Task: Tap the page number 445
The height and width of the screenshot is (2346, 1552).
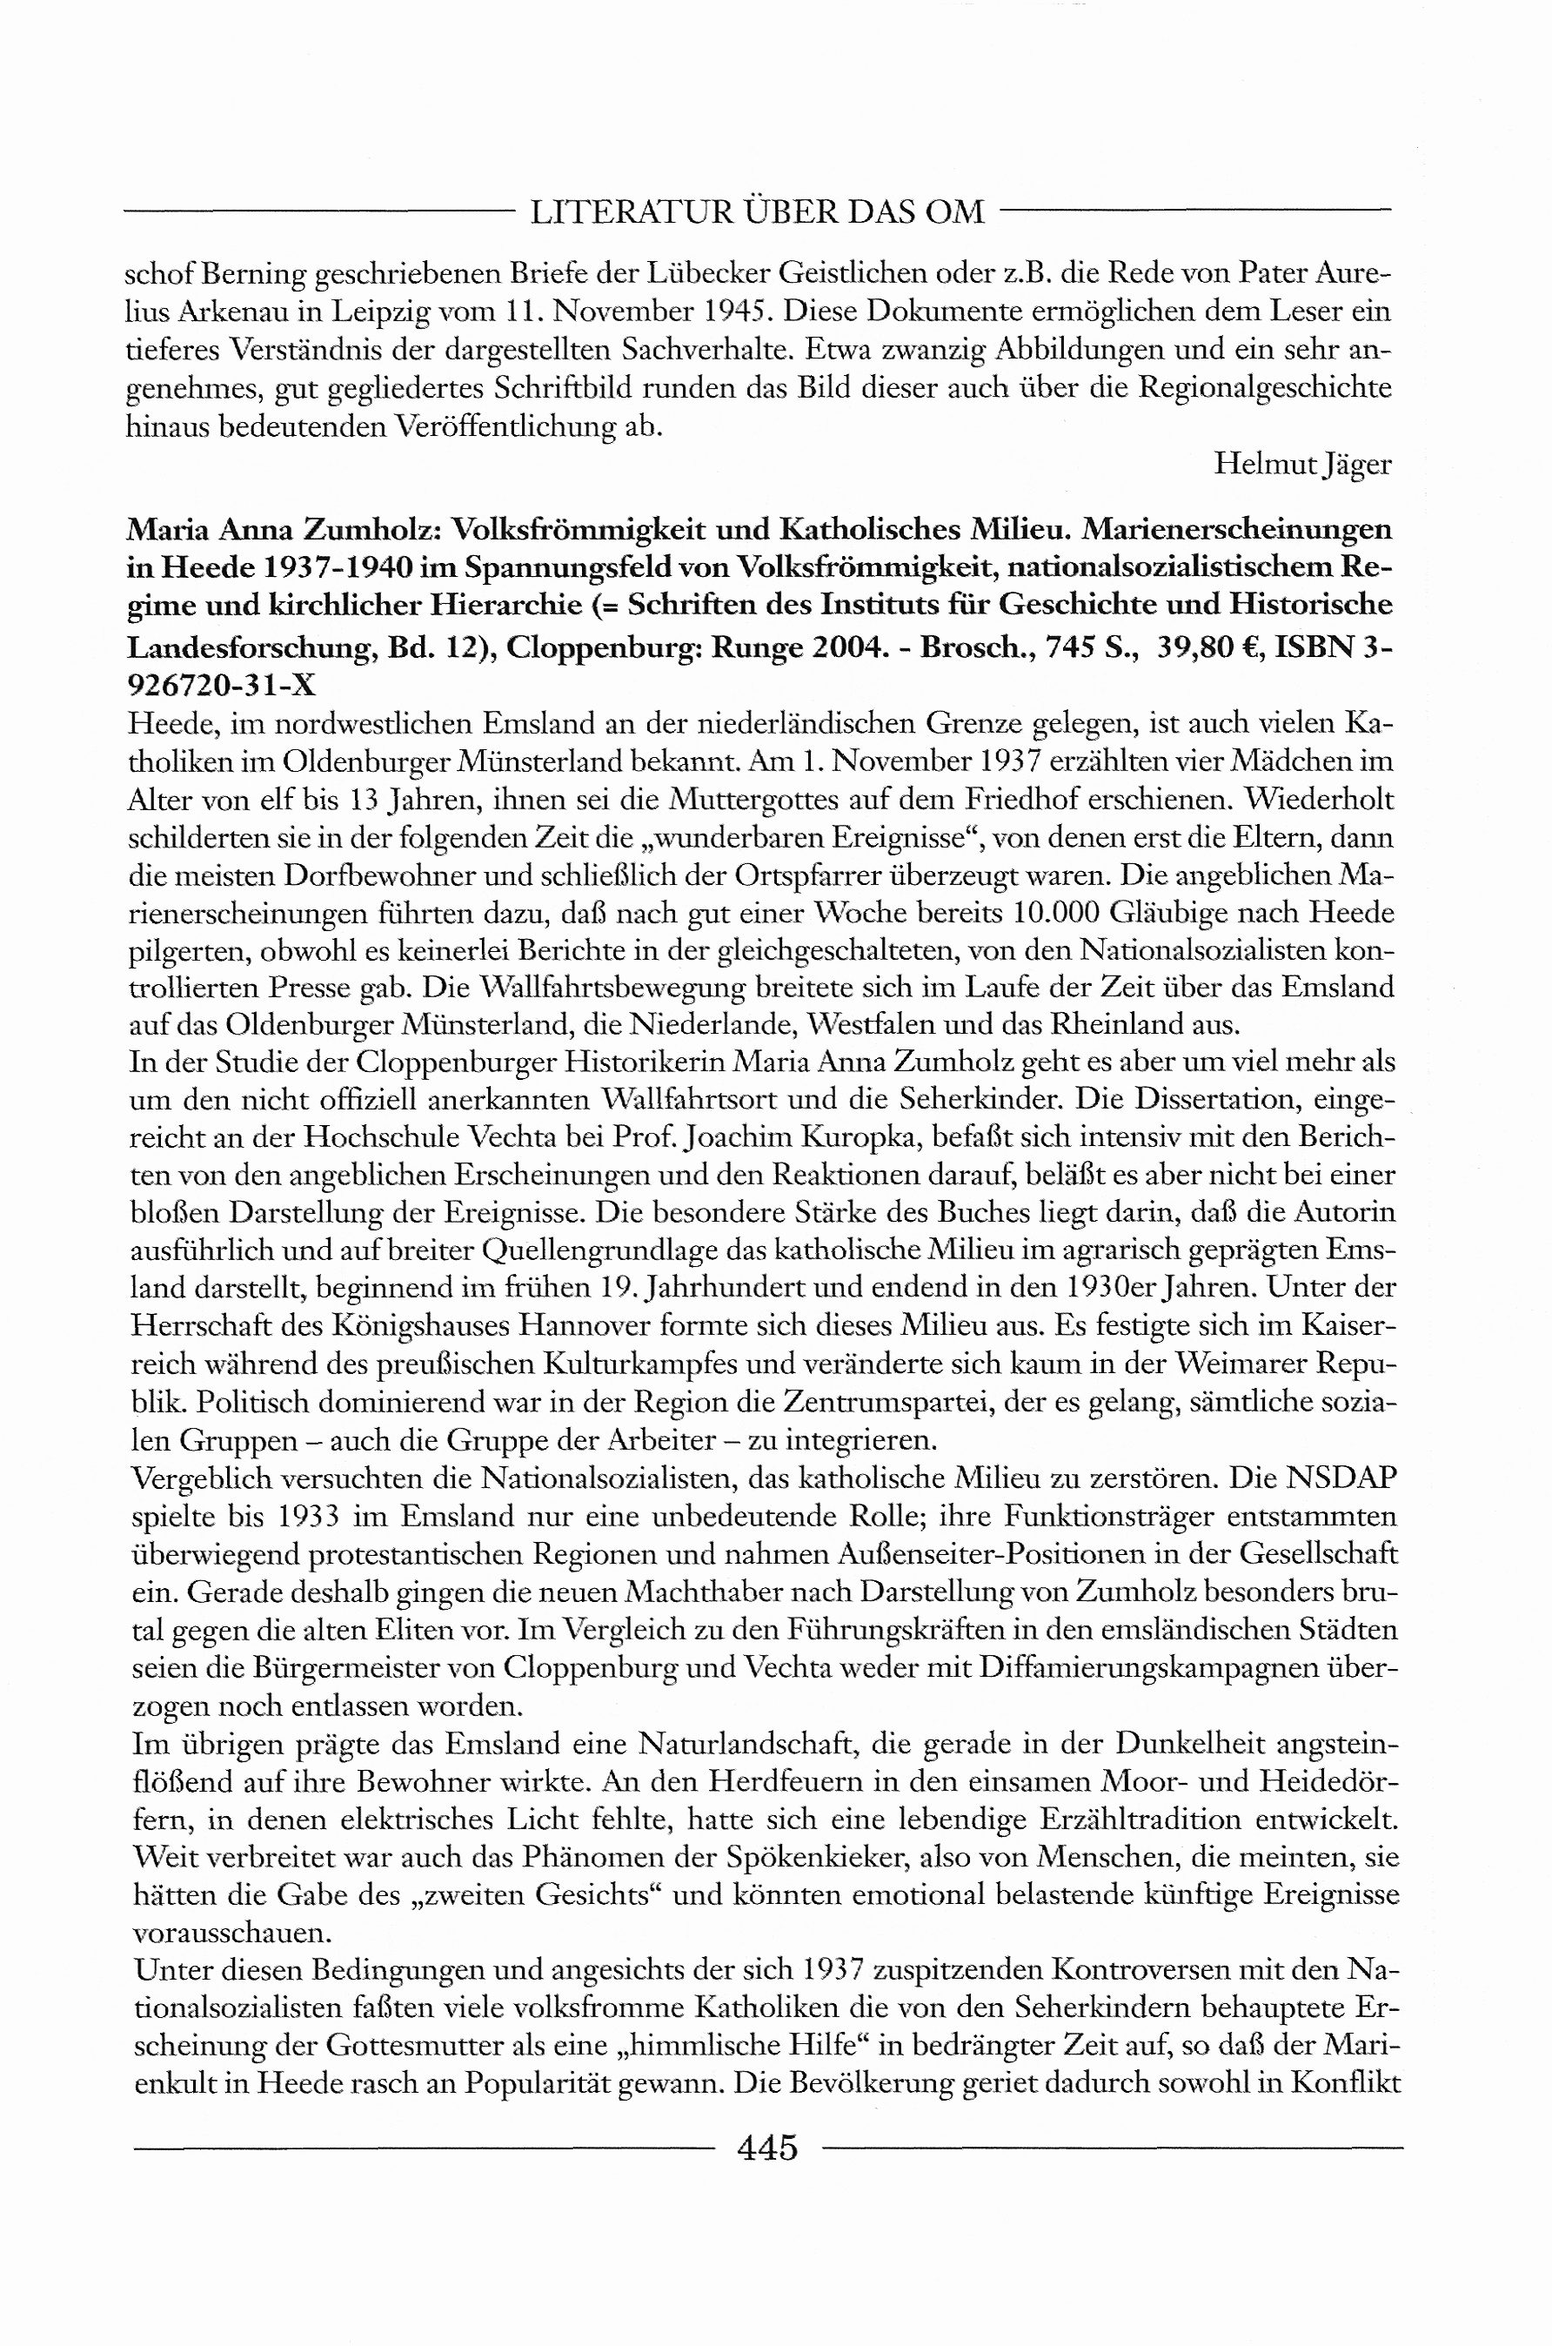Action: [x=767, y=2147]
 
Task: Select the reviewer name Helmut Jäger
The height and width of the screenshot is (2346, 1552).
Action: [x=1301, y=466]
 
